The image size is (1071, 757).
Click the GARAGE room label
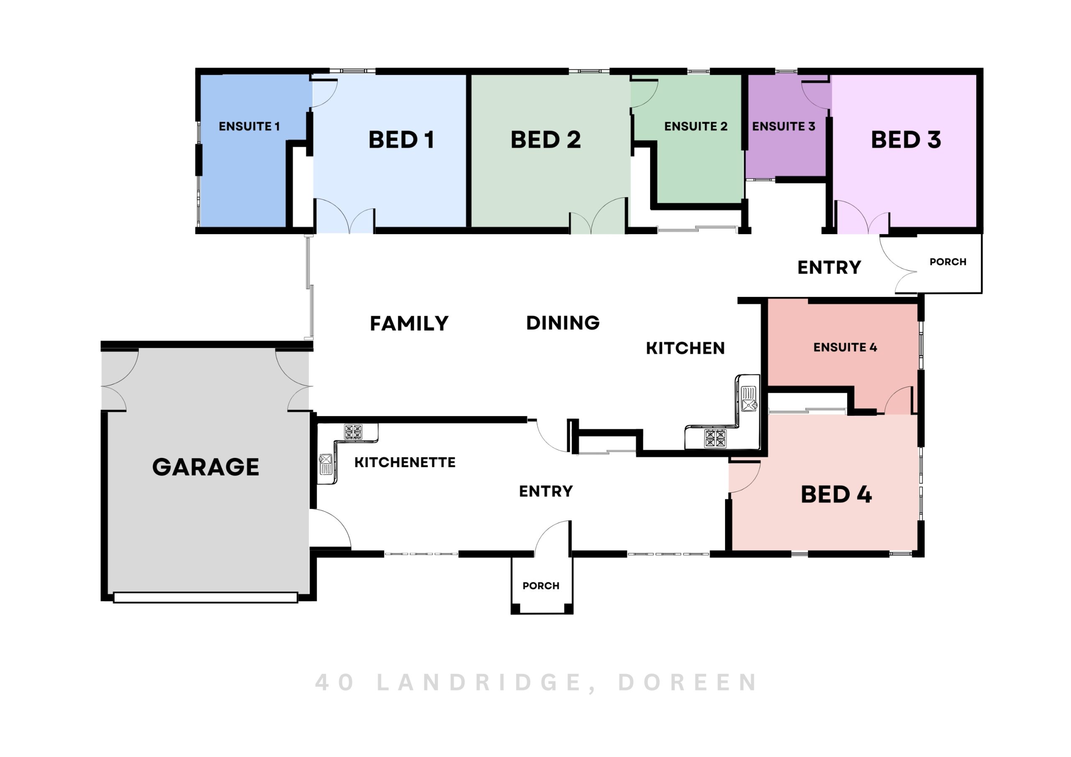click(x=206, y=467)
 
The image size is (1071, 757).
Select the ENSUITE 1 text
click(x=249, y=126)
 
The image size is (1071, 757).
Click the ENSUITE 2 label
click(x=696, y=126)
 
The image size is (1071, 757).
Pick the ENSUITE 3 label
click(x=784, y=126)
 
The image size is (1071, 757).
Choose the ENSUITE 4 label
click(x=845, y=347)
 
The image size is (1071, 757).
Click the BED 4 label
click(x=836, y=494)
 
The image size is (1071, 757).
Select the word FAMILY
click(x=409, y=323)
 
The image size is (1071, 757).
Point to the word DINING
click(x=563, y=323)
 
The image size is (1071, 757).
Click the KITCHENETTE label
click(x=405, y=462)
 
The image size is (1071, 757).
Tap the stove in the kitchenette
click(x=353, y=432)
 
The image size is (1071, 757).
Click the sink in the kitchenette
click(x=325, y=465)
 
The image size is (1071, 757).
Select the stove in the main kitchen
click(x=715, y=438)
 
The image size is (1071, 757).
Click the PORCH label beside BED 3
click(x=948, y=262)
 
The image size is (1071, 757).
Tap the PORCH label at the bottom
click(x=541, y=586)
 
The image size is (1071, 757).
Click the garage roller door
click(x=206, y=598)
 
